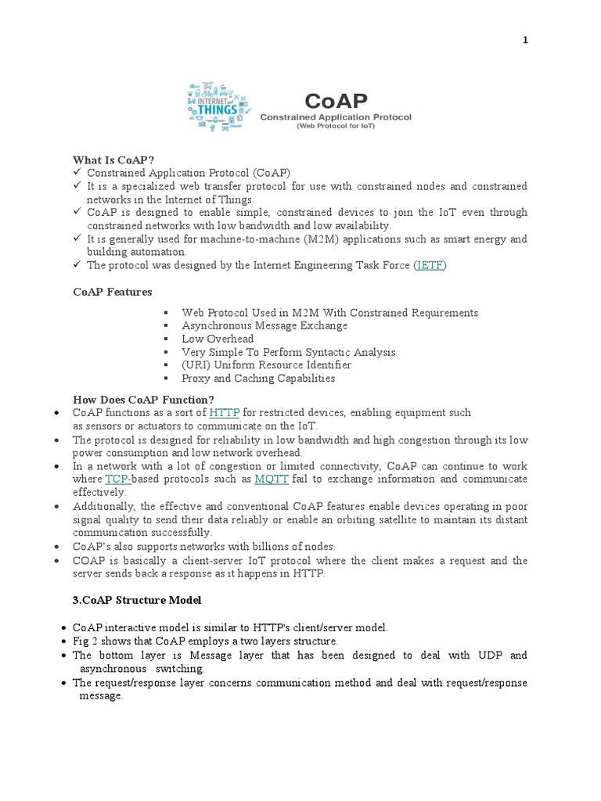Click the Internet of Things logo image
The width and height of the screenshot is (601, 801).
[x=218, y=106]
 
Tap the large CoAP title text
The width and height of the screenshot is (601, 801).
[x=336, y=101]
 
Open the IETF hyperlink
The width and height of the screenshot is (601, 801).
[x=430, y=265]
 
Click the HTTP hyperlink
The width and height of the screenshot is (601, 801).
[x=225, y=412]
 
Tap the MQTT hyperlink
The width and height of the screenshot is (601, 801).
[x=271, y=479]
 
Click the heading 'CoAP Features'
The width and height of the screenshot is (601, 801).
[x=113, y=292]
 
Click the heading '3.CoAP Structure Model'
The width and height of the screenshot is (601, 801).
[x=137, y=600]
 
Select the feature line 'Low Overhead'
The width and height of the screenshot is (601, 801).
[x=218, y=339]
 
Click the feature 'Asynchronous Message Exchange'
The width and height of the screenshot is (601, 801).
[x=265, y=325]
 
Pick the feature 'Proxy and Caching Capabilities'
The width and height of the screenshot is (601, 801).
[x=258, y=379]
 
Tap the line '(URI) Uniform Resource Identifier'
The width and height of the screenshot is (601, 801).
[x=266, y=365]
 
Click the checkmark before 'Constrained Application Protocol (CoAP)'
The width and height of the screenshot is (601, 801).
[x=77, y=172]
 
